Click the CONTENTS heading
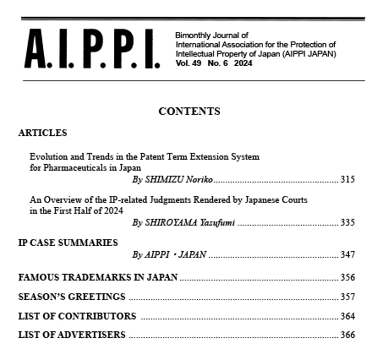tap(189, 112)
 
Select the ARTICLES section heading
tap(42, 134)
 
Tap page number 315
tap(347, 180)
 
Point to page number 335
tap(347, 223)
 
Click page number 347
tap(347, 254)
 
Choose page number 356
tap(347, 278)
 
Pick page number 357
tap(347, 297)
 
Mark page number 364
tap(347, 316)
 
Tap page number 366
tap(347, 335)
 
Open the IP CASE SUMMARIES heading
tap(68, 243)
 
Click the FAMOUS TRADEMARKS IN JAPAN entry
tap(98, 278)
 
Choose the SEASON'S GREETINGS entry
tap(72, 297)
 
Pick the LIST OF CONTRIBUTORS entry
tap(77, 316)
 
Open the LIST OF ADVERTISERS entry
tap(72, 335)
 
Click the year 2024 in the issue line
tap(243, 63)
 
